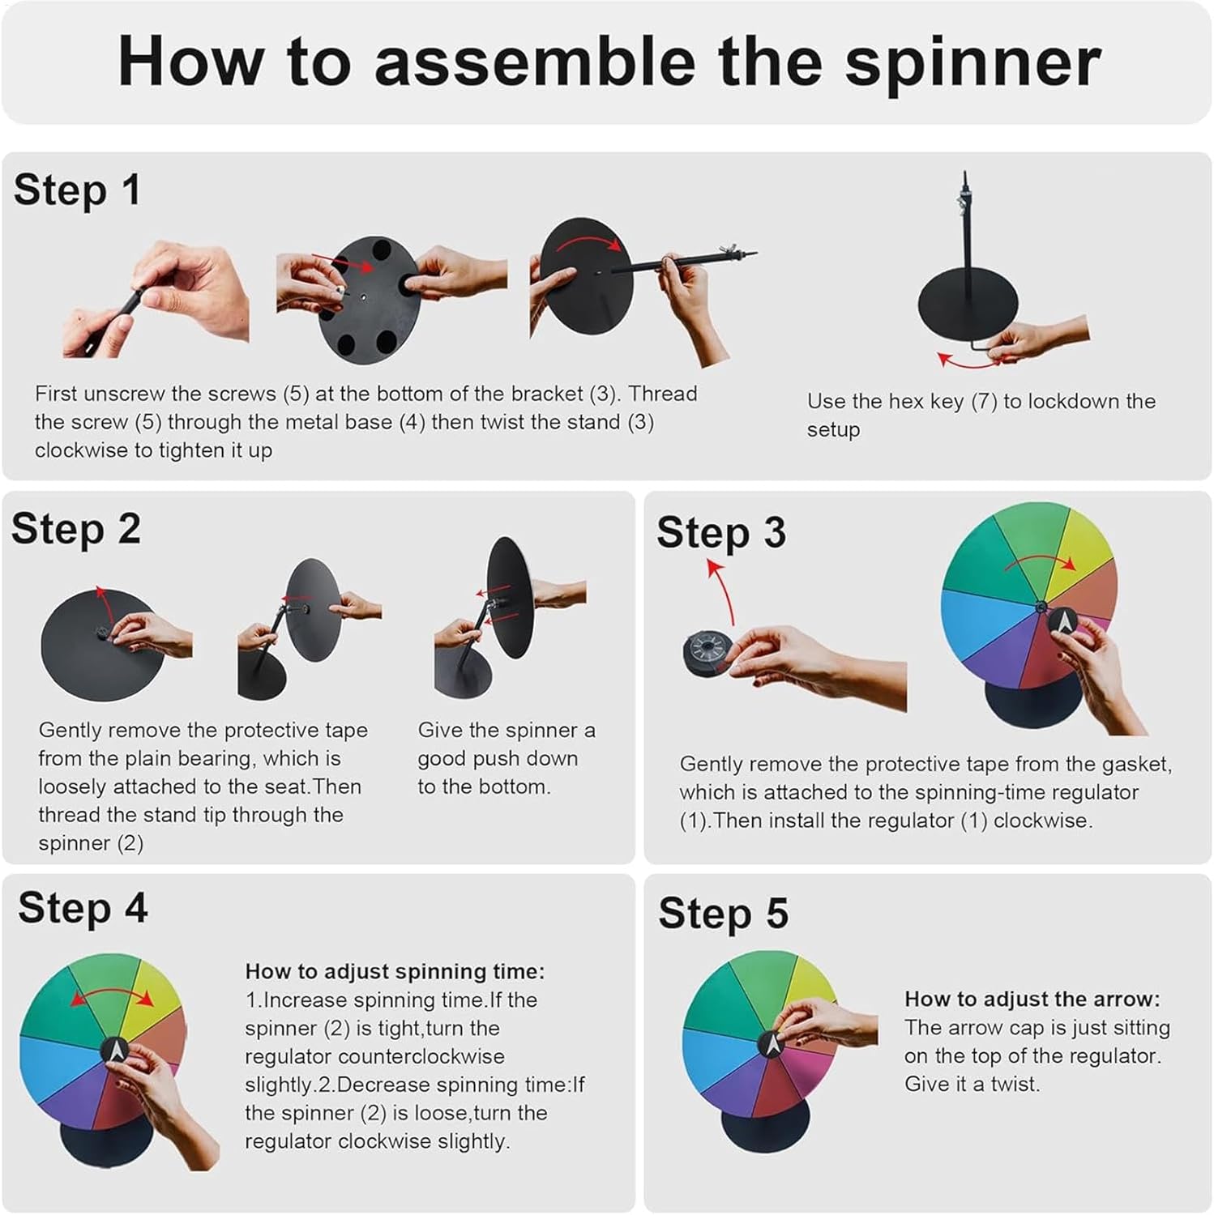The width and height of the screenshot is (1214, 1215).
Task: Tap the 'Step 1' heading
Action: coord(77,190)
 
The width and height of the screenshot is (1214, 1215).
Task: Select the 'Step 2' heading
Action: coord(76,529)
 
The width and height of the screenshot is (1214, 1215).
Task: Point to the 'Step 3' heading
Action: coord(721,533)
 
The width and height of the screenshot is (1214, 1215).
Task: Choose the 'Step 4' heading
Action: coord(83,907)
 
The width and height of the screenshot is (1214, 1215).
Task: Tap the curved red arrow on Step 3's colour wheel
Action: coord(1041,558)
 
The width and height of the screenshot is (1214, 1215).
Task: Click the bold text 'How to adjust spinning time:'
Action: coord(395,971)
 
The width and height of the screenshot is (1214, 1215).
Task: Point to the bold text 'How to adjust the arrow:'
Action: coord(1032,999)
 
